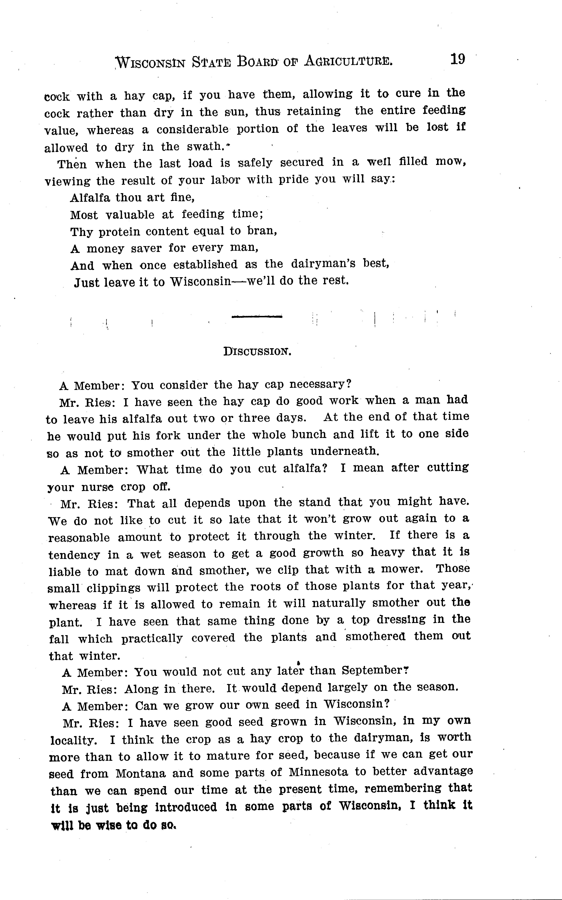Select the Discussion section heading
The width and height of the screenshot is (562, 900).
pyautogui.click(x=257, y=351)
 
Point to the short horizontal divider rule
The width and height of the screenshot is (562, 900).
pyautogui.click(x=256, y=317)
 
